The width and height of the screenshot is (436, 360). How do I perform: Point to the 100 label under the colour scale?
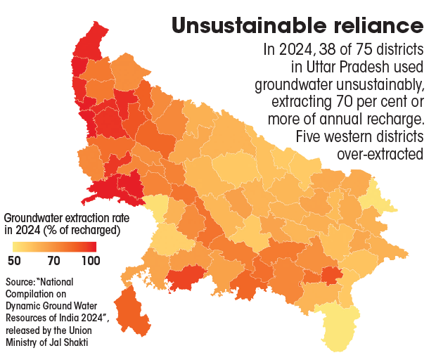90,261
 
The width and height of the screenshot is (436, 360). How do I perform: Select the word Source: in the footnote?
21,282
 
